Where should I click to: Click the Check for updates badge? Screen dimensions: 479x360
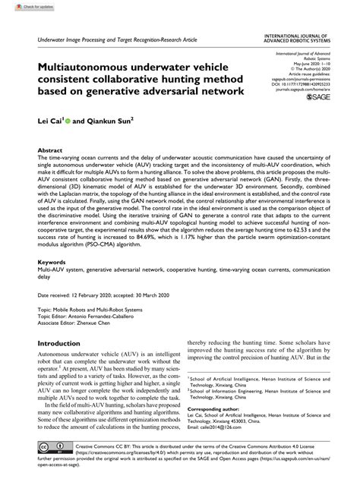(x=23, y=6)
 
